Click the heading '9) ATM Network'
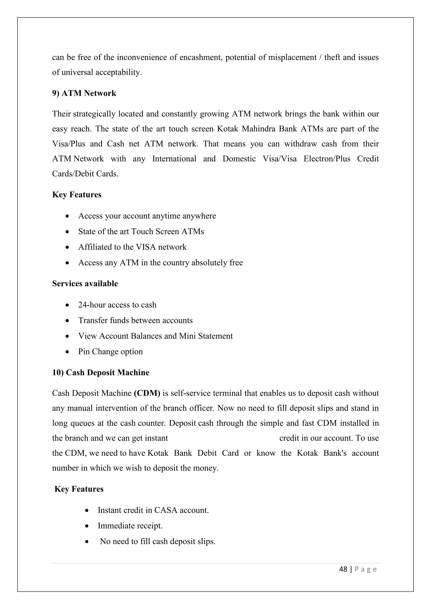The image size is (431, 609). click(x=84, y=93)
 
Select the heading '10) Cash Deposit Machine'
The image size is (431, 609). click(x=101, y=372)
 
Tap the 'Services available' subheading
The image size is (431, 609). click(x=85, y=283)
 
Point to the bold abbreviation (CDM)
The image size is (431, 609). click(x=147, y=393)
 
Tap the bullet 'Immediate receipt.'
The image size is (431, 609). click(x=130, y=526)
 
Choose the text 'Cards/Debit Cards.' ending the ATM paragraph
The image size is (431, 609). click(x=85, y=174)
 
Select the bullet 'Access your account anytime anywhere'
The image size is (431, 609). click(x=147, y=216)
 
